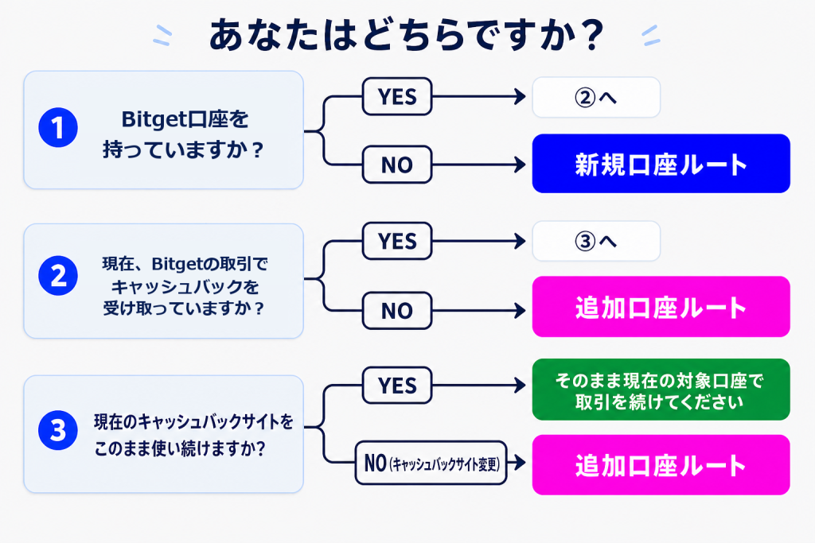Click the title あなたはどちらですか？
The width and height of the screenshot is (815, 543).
point(407,34)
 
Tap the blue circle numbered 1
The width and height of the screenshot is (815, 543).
point(58,128)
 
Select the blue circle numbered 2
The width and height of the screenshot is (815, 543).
point(58,276)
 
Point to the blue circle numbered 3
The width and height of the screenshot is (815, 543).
point(58,430)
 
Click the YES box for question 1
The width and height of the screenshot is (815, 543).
point(397,96)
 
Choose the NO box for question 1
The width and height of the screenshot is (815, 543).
point(397,165)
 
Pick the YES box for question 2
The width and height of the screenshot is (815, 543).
point(397,241)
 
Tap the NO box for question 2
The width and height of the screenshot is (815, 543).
point(397,310)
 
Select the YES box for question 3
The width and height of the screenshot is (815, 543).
point(397,385)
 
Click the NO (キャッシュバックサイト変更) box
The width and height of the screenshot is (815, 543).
point(431,463)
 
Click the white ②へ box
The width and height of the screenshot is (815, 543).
point(596,97)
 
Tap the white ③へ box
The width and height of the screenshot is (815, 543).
point(596,241)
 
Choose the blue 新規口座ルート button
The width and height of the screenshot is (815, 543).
point(661,164)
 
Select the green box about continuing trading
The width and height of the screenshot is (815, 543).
point(661,390)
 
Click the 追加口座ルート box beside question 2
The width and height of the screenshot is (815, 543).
point(661,306)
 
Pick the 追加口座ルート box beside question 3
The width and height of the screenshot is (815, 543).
point(661,464)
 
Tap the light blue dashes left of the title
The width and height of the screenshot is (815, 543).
point(162,35)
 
